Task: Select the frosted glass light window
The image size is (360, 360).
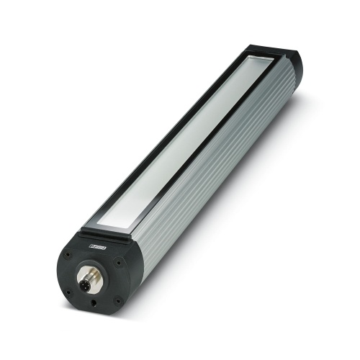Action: (x=184, y=144)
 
